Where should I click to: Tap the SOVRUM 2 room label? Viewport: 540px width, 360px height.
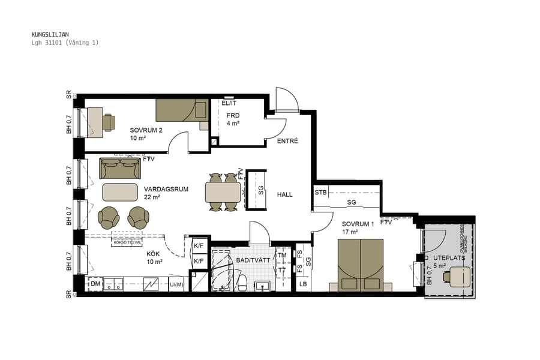(146, 130)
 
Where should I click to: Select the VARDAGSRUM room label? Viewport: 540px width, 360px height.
(166, 189)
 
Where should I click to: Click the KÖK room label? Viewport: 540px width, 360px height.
(154, 253)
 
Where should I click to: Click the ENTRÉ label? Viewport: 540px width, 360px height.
(287, 141)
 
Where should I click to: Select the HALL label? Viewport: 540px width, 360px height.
(284, 194)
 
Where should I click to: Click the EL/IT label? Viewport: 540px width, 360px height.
(229, 103)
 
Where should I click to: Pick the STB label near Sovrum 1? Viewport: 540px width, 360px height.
(320, 193)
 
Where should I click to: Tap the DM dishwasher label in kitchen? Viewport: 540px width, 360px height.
(95, 283)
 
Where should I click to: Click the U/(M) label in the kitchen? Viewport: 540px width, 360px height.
(176, 284)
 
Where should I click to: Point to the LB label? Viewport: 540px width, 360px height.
(303, 283)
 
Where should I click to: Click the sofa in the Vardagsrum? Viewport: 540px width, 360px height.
(119, 169)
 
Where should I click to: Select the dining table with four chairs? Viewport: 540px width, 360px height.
(223, 192)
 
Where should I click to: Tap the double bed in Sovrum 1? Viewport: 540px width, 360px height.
(361, 264)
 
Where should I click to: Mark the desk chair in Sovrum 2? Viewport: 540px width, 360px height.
(108, 122)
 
